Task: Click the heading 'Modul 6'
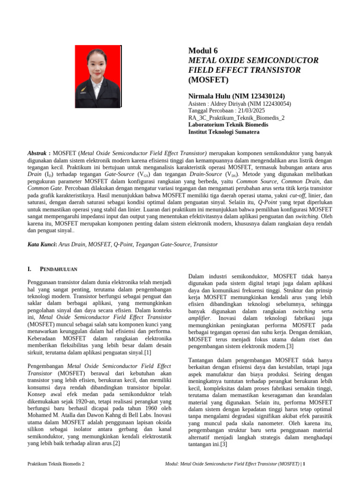pyautogui.click(x=203, y=51)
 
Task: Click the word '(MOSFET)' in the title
pyautogui.click(x=208, y=80)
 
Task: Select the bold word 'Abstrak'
pyautogui.click(x=37, y=153)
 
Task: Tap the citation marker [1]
pyautogui.click(x=148, y=352)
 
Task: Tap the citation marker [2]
pyautogui.click(x=117, y=443)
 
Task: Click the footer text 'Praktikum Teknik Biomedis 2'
pyautogui.click(x=56, y=464)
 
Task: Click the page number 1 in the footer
pyautogui.click(x=304, y=464)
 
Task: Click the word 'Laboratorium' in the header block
pyautogui.click(x=209, y=125)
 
